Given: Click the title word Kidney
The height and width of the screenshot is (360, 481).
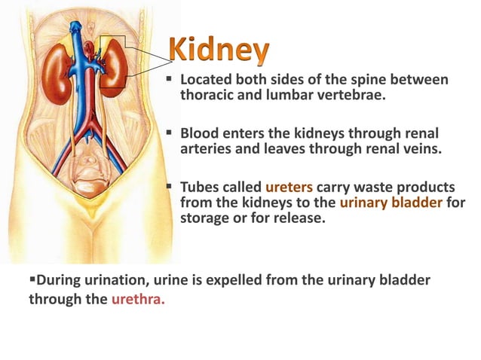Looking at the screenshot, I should (x=219, y=50).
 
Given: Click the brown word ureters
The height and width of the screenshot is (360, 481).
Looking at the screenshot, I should (x=286, y=185).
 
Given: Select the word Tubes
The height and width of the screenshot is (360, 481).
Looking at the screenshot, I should (x=200, y=185).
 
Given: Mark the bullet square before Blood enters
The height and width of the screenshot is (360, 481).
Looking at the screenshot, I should (x=171, y=132).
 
